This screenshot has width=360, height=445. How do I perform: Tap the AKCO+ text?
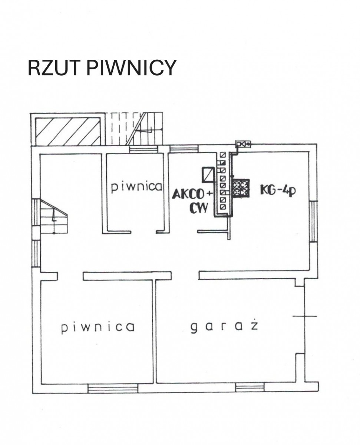tap(193, 194)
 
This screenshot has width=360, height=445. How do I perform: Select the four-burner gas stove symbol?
tap(240, 188)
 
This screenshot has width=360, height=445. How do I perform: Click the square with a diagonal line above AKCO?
tap(208, 174)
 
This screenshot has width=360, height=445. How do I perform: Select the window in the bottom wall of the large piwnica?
tap(113, 388)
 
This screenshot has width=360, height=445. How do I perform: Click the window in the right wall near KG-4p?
tap(314, 221)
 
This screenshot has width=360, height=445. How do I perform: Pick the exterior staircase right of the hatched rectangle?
tap(137, 128)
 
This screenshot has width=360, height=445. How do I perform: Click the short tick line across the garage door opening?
tap(305, 316)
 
